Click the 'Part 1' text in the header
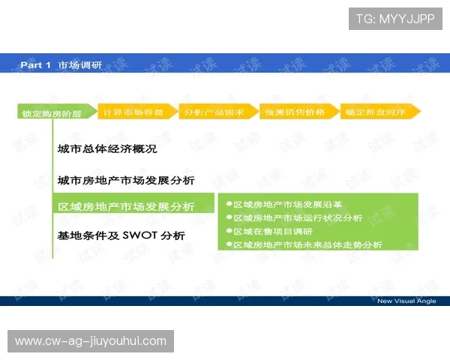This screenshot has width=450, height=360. [35, 65]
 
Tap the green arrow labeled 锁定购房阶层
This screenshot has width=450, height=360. [52, 113]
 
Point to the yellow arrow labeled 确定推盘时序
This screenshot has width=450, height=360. [379, 112]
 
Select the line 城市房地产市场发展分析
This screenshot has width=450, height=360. [126, 180]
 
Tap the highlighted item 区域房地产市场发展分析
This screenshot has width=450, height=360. [126, 206]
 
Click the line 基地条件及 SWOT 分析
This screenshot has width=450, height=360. [121, 235]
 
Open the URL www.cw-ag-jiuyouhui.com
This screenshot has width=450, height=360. [91, 341]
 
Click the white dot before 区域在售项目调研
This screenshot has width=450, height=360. [229, 231]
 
